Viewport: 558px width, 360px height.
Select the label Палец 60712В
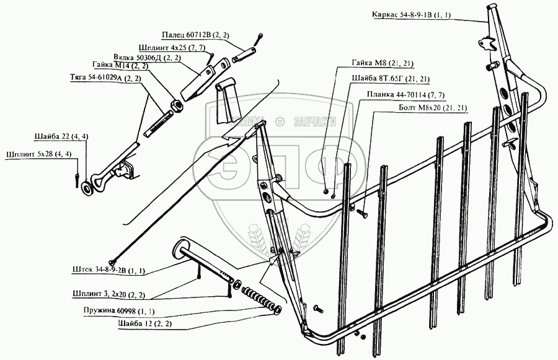coord(193,37)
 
